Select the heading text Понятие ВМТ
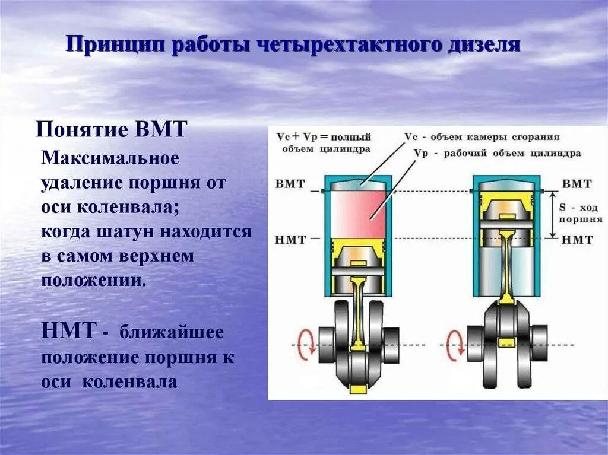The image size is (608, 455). coord(112,129)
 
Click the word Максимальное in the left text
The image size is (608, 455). coord(110,158)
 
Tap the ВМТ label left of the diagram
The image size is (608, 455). coord(290,183)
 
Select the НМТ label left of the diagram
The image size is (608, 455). coord(290,240)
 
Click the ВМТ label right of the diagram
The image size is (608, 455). coord(577,183)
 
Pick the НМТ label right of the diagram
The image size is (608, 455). coord(577,240)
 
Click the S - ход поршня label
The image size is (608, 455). coord(580,214)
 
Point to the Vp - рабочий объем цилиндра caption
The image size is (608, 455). coord(496,153)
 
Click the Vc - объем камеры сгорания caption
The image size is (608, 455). coord(482,136)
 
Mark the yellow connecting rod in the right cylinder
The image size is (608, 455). coord(506,261)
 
